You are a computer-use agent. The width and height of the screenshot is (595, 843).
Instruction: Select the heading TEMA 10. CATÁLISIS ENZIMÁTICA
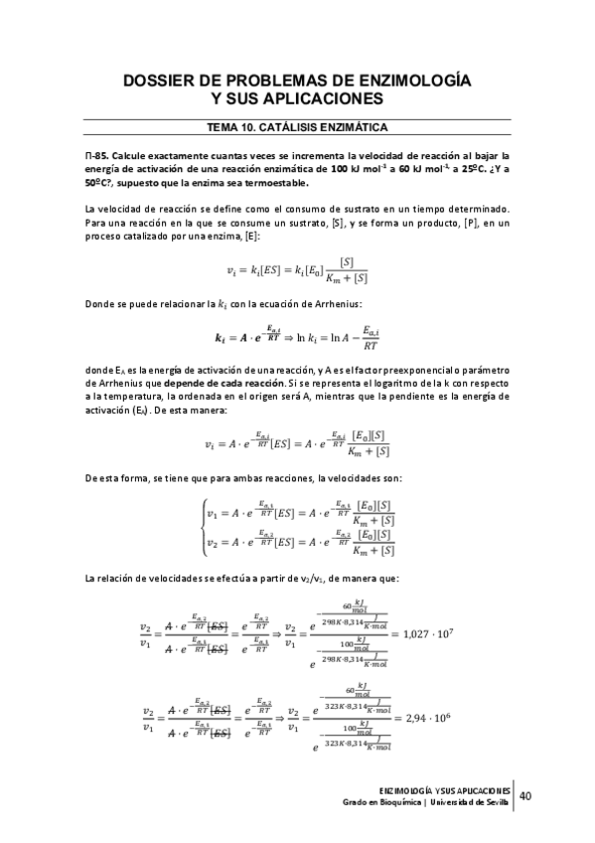(297, 127)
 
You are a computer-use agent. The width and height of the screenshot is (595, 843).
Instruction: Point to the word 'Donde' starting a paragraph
(99, 303)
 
